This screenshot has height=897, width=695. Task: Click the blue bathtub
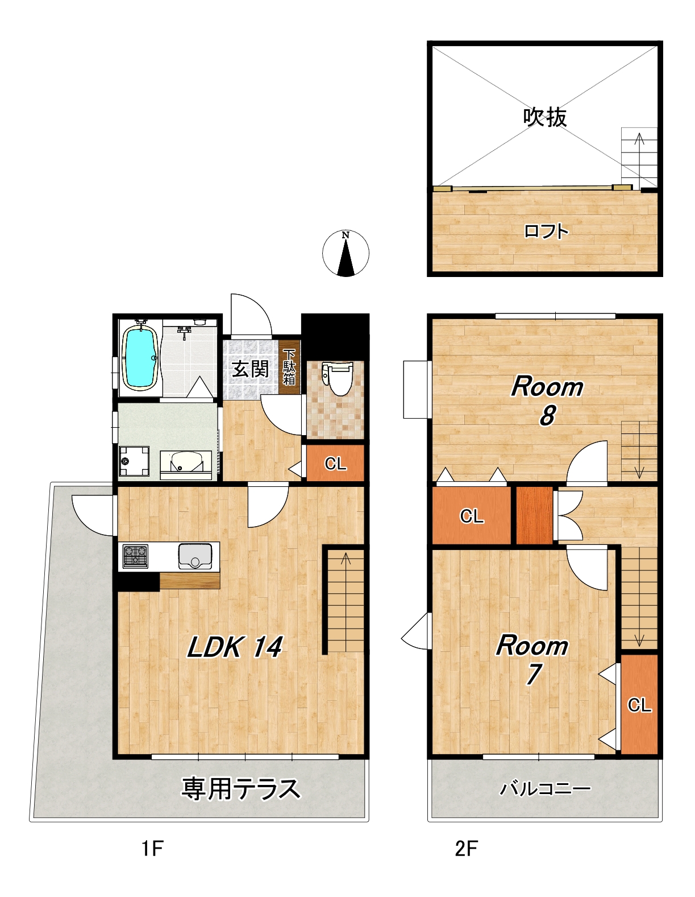point(140,358)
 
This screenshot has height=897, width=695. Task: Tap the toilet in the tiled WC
point(338,378)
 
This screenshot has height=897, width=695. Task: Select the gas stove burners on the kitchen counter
point(135,556)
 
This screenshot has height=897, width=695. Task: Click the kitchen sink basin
point(194,556)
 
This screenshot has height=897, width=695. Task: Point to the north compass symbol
point(346,254)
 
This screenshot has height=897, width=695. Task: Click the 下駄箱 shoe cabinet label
point(289,367)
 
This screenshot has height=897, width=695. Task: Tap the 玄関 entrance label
point(250,369)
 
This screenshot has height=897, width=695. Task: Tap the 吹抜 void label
point(544,118)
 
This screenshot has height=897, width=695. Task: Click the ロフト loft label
point(546,231)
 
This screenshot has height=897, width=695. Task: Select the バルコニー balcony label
point(545,788)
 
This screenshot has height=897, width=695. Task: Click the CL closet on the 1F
point(335,463)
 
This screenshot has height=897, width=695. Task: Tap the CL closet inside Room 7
point(639,705)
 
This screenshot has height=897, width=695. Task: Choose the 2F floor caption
point(466,849)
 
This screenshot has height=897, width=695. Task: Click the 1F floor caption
point(153,849)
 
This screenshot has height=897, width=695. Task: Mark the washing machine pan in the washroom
point(134,461)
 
